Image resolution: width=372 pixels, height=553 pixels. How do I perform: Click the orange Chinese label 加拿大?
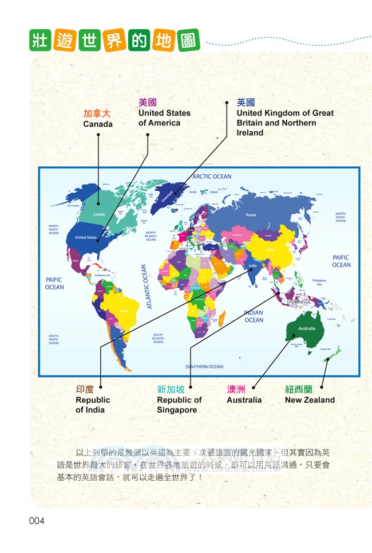pyautogui.click(x=97, y=113)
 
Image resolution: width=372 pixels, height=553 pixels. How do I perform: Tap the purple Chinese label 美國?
pyautogui.click(x=148, y=103)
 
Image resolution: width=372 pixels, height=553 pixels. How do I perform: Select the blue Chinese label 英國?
pyautogui.click(x=246, y=103)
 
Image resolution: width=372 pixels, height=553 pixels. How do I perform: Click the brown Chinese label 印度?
pyautogui.click(x=85, y=390)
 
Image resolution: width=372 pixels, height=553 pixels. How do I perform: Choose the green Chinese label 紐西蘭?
pyautogui.click(x=299, y=390)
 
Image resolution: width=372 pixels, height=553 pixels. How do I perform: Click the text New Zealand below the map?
pyautogui.click(x=310, y=400)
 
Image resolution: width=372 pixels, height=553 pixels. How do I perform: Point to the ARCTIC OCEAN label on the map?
pyautogui.click(x=212, y=177)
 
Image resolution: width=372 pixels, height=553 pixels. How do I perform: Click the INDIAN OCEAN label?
pyautogui.click(x=254, y=316)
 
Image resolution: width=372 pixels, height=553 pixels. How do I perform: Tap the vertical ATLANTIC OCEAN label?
pyautogui.click(x=144, y=287)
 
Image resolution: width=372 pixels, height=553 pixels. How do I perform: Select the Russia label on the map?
pyautogui.click(x=251, y=215)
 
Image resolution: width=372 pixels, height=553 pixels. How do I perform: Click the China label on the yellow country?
pyautogui.click(x=270, y=250)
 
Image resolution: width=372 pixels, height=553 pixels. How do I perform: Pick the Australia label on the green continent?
pyautogui.click(x=307, y=328)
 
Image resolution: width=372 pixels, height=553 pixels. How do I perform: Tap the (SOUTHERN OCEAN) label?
pyautogui.click(x=204, y=366)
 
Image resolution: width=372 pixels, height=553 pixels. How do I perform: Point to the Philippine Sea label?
pyautogui.click(x=319, y=282)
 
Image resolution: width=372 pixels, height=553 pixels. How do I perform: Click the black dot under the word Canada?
pyautogui.click(x=98, y=135)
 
